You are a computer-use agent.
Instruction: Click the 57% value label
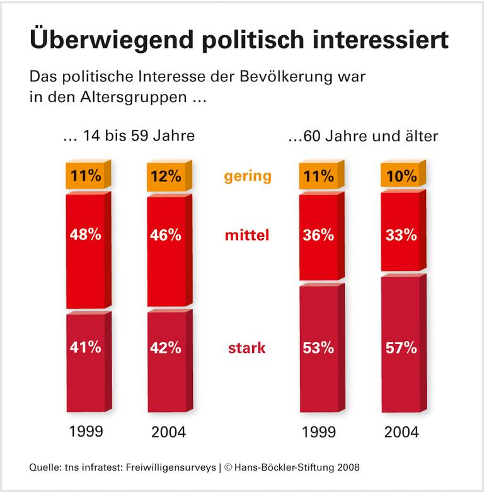401,347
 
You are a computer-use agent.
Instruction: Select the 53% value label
318,347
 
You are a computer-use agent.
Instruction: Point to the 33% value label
401,235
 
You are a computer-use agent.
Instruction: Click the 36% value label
318,235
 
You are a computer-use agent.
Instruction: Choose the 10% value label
401,177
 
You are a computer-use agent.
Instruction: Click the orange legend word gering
247,176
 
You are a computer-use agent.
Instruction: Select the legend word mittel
247,236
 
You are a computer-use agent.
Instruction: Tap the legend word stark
247,348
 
